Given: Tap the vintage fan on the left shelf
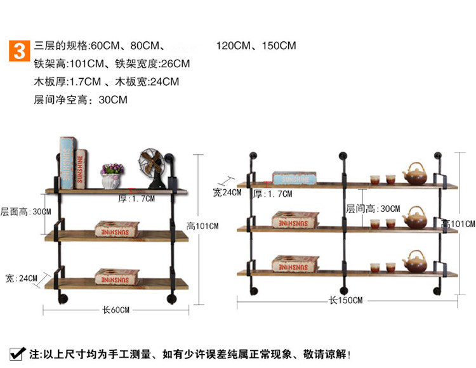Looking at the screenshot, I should pos(152,166).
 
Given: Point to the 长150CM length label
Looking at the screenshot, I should pos(345,300).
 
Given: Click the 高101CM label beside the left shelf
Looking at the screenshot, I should pos(202,226).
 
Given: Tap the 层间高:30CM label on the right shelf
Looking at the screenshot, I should pos(373,208).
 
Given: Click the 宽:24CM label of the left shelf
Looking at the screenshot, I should pos(21,278).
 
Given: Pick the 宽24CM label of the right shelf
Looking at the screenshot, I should pos(227,192).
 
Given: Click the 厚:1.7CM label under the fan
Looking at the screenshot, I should pos(136,199).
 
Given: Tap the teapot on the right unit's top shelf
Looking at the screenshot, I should pos(415,173).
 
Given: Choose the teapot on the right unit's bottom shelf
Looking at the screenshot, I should pos(416,262).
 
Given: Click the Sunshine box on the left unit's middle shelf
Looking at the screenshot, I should pos(117,228).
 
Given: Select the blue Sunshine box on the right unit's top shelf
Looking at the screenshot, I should pos(294,178).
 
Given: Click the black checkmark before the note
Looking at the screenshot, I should pos(15,353).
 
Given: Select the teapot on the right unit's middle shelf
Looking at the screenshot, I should pos(416,218).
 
